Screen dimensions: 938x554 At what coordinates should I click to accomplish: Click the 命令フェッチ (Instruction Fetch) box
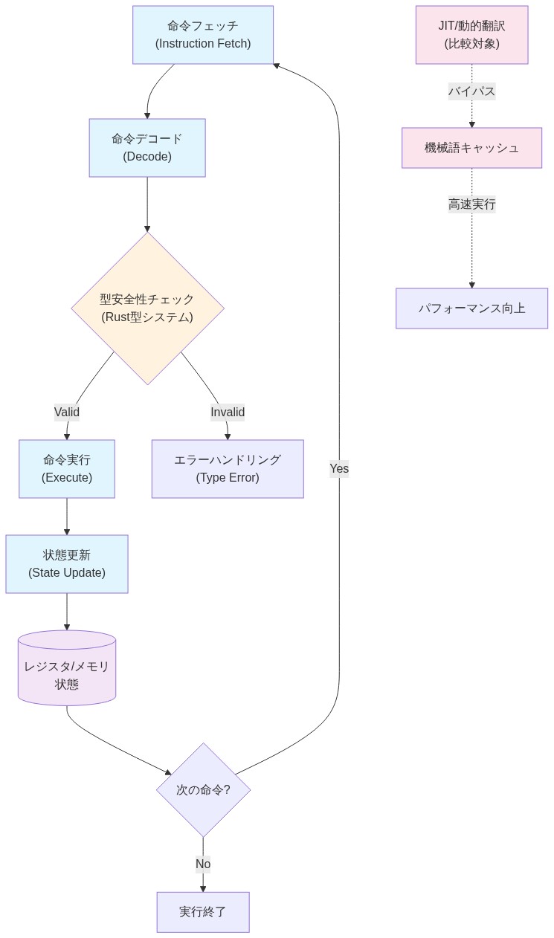click(x=203, y=35)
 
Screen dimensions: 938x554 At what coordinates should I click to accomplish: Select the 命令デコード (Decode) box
click(x=147, y=148)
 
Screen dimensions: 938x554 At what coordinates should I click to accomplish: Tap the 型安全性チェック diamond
click(x=147, y=308)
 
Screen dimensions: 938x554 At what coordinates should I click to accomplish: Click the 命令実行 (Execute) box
click(x=67, y=469)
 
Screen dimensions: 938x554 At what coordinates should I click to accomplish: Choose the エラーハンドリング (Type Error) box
click(x=228, y=469)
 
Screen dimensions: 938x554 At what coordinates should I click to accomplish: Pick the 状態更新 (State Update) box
click(x=67, y=564)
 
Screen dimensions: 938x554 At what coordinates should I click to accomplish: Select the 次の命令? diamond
click(x=203, y=790)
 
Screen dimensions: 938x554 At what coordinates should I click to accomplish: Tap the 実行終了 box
click(x=203, y=912)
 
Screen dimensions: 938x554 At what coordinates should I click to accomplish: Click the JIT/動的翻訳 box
click(x=471, y=35)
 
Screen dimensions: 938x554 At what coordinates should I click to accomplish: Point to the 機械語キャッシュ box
click(x=471, y=148)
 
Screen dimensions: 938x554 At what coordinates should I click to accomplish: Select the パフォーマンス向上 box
click(x=471, y=308)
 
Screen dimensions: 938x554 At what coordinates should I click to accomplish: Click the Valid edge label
click(x=67, y=412)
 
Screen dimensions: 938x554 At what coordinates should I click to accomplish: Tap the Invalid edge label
click(x=228, y=412)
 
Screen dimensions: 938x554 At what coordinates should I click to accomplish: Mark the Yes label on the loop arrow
click(x=339, y=469)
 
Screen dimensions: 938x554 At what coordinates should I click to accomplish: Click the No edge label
click(x=203, y=864)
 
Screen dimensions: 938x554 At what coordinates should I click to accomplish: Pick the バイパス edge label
click(x=471, y=91)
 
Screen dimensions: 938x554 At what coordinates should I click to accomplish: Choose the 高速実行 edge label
click(x=471, y=204)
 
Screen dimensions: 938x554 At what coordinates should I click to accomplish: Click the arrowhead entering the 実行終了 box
click(x=203, y=888)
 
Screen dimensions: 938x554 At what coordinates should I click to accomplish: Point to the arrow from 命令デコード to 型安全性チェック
click(x=147, y=204)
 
